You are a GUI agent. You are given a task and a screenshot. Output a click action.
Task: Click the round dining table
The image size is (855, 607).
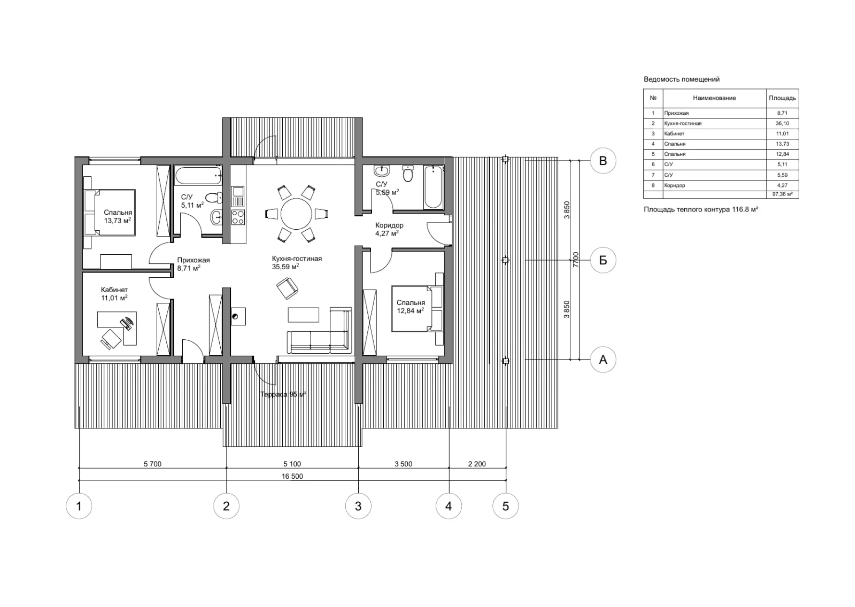point(296,214)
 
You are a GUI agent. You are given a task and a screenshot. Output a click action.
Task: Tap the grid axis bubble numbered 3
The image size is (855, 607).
point(358,506)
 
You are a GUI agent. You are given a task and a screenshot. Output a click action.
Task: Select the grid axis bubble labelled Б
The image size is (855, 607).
point(603,260)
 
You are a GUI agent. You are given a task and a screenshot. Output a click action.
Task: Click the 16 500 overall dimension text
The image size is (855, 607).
point(292,476)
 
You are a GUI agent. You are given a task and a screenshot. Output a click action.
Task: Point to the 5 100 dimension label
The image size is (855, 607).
point(292,464)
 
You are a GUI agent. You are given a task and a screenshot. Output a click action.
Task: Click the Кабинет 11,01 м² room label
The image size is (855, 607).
point(114,294)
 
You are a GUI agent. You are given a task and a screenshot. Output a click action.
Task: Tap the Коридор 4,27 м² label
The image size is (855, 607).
point(389,229)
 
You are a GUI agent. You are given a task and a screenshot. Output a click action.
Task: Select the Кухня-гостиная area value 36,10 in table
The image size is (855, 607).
point(782,124)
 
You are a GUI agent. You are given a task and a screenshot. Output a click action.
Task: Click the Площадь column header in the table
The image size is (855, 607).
point(782,98)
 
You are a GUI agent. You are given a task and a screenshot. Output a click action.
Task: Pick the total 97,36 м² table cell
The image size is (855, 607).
point(782,194)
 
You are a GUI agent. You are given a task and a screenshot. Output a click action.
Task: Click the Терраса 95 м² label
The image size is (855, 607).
point(283,395)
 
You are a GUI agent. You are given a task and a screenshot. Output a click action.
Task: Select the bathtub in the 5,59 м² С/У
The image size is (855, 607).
point(433,186)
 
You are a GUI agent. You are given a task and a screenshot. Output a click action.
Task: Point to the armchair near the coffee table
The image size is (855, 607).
point(287,289)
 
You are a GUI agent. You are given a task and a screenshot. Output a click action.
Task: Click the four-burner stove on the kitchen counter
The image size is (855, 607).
point(238,217)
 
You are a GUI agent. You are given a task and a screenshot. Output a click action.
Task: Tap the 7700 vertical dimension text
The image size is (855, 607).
point(576,260)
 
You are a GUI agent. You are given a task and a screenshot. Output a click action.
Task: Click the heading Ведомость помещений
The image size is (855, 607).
point(681,79)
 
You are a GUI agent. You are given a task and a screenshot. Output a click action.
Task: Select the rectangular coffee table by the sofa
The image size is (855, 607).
point(303,315)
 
